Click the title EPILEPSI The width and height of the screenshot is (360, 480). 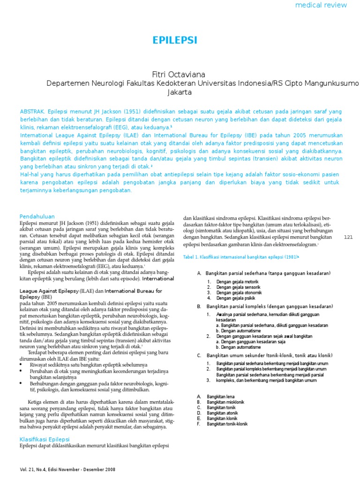click(175, 41)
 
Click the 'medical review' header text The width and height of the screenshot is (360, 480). click(321, 5)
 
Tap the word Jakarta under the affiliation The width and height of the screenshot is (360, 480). click(180, 92)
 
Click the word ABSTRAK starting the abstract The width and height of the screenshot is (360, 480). click(32, 112)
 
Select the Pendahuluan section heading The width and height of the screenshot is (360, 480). click(37, 216)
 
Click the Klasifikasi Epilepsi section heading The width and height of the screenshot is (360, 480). click(44, 439)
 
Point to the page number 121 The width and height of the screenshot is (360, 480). click(348, 238)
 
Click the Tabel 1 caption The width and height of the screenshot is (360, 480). click(241, 257)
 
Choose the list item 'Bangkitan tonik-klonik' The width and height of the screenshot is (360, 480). click(227, 424)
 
